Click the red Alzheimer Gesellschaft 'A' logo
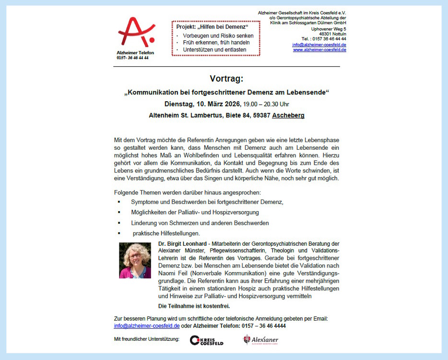click(136, 32)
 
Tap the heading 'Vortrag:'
click(226, 79)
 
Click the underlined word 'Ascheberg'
click(288, 116)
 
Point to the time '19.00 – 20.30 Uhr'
click(266, 104)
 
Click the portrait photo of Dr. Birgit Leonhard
click(135, 261)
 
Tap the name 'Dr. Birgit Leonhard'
click(182, 244)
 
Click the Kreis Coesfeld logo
click(206, 340)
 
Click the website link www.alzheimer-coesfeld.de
click(319, 50)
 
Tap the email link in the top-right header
click(319, 45)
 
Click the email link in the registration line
click(147, 326)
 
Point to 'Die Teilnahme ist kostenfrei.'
click(194, 306)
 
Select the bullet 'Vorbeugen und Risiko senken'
click(218, 36)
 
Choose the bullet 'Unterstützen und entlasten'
click(214, 49)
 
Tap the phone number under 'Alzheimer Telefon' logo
click(132, 58)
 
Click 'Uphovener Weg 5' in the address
click(329, 29)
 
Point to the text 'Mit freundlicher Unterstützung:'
click(146, 340)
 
